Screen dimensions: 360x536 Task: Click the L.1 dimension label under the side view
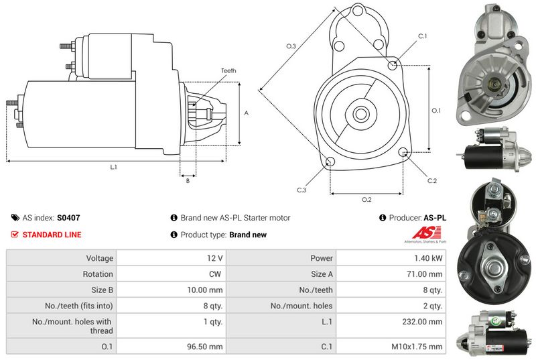tap(113, 167)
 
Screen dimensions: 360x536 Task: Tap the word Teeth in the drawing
tap(228, 70)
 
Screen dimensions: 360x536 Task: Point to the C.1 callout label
tap(422, 36)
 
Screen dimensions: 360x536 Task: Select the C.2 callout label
tap(432, 180)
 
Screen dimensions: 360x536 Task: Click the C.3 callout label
tap(301, 190)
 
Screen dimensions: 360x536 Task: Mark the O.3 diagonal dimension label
tap(291, 46)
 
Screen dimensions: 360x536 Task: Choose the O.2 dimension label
tap(366, 200)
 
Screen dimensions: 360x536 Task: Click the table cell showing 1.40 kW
tap(429, 258)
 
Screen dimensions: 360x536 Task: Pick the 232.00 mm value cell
tap(425, 322)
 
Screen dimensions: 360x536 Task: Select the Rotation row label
tap(98, 274)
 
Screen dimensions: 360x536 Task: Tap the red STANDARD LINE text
tap(52, 235)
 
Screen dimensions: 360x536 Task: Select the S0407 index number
tap(68, 218)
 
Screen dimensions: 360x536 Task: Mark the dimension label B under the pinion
tap(188, 180)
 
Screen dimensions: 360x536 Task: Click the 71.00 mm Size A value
tap(426, 274)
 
